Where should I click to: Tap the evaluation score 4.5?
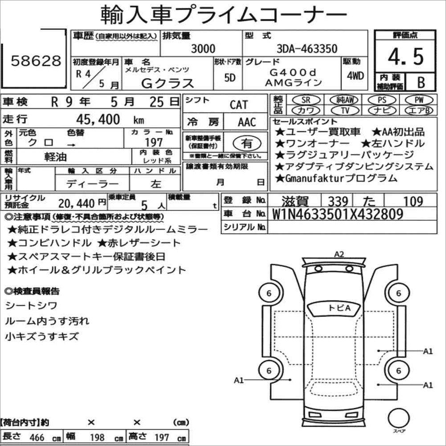pyautogui.click(x=405, y=57)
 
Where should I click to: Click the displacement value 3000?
pyautogui.click(x=203, y=49)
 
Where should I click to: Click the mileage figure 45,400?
pyautogui.click(x=98, y=119)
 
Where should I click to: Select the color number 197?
pyautogui.click(x=154, y=142)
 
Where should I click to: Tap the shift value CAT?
pyautogui.click(x=239, y=105)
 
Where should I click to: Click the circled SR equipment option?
pyautogui.click(x=305, y=100)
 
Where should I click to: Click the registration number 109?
pyautogui.click(x=410, y=201)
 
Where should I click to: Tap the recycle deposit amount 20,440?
pyautogui.click(x=76, y=203)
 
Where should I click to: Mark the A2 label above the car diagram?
pyautogui.click(x=339, y=255)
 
